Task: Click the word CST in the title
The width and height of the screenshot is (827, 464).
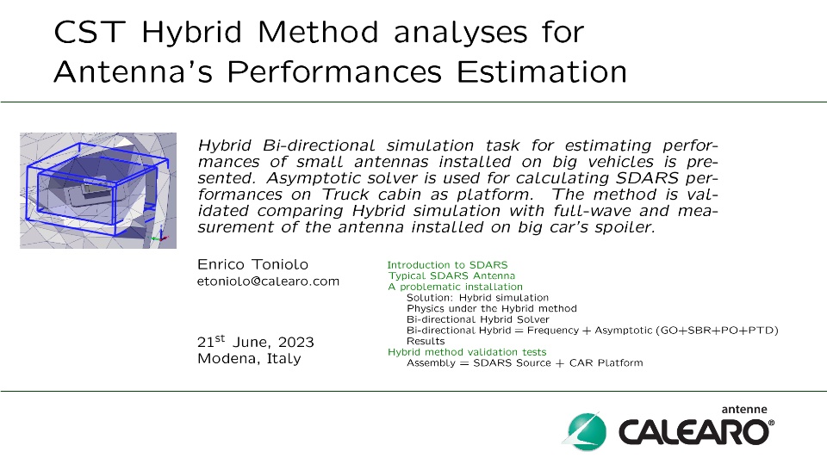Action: (x=90, y=32)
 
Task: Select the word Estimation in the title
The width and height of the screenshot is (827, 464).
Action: (x=542, y=71)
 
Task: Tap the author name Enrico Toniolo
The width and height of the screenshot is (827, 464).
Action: (x=252, y=264)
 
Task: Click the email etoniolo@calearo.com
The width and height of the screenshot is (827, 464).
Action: (x=268, y=281)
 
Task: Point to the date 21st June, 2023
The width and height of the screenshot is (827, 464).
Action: (x=255, y=341)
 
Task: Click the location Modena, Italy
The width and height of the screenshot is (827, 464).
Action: (x=249, y=358)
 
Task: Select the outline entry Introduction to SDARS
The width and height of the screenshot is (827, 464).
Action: (x=447, y=264)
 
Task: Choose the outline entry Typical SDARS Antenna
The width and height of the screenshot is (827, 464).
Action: (x=451, y=275)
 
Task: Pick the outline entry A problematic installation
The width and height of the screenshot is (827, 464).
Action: (x=455, y=287)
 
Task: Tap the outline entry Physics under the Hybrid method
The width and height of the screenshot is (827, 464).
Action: (x=492, y=308)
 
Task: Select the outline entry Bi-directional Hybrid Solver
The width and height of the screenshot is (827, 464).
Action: (x=478, y=319)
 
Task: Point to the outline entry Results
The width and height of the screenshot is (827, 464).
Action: (x=426, y=341)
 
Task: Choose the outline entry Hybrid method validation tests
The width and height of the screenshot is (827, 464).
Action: (x=467, y=352)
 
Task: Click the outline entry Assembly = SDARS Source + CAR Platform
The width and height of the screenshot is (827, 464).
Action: (x=525, y=362)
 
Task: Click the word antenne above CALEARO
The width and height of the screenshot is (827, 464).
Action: (x=744, y=409)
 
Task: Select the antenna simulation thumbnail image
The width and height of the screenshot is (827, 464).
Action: (x=98, y=190)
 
